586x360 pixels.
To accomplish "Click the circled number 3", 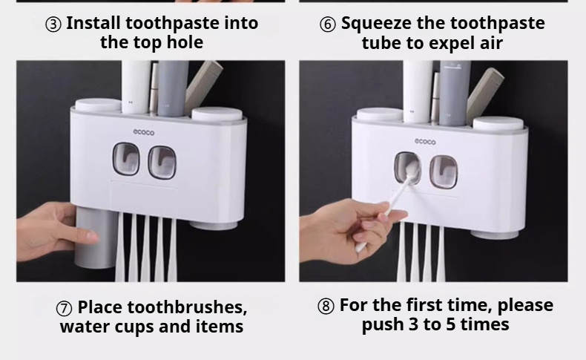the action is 53,24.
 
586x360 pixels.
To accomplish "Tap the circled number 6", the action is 328,24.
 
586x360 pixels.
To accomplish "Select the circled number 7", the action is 64,309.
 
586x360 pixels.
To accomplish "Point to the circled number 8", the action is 326,307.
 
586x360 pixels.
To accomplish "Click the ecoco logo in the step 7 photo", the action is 143,132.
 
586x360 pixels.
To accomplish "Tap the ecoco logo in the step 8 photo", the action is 425,142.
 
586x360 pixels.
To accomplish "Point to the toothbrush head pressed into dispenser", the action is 410,171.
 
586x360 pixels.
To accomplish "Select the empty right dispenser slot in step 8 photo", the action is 444,171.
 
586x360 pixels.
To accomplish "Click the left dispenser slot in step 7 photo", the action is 126,159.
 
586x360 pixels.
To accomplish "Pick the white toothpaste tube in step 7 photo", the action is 136,87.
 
